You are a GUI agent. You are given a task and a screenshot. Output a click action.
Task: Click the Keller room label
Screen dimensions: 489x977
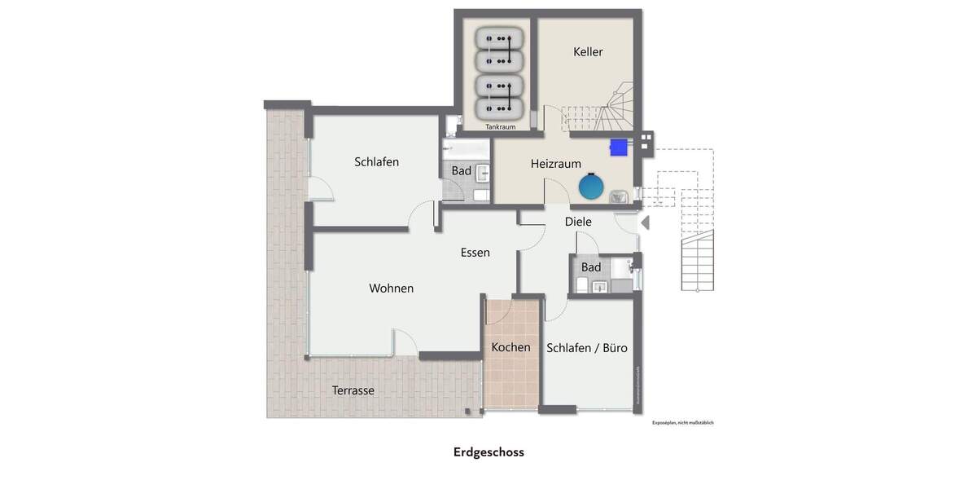click(588, 52)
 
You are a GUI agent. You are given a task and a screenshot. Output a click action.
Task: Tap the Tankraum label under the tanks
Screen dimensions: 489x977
click(500, 127)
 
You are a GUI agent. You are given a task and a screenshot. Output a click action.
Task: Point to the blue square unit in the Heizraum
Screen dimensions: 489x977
click(620, 147)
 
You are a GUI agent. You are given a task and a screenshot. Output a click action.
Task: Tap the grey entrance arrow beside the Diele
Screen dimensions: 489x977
click(645, 222)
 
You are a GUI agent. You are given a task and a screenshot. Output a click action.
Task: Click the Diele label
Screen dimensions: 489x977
click(578, 222)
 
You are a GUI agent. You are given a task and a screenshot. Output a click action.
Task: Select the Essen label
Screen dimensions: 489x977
click(475, 253)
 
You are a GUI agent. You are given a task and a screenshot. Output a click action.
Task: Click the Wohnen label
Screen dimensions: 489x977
click(391, 289)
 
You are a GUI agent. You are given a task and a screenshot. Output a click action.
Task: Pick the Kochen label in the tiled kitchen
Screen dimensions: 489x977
click(510, 347)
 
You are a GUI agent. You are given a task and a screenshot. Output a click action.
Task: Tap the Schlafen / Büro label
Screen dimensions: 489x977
click(587, 348)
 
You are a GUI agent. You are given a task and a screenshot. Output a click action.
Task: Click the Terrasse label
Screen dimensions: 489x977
click(353, 390)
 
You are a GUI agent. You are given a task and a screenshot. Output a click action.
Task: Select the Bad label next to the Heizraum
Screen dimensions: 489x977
click(461, 171)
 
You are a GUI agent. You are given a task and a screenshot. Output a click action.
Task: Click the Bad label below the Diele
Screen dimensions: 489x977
click(591, 267)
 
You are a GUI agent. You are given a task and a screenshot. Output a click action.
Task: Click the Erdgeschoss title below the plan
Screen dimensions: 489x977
click(488, 452)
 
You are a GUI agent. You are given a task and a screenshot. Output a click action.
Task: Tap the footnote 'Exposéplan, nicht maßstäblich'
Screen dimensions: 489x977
click(682, 423)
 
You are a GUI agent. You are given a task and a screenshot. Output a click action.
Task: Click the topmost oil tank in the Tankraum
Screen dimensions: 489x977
click(498, 38)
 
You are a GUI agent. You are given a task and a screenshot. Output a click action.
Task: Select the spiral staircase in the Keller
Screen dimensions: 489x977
click(616, 109)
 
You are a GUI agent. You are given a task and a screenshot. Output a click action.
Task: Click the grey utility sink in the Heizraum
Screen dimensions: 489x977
click(618, 196)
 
